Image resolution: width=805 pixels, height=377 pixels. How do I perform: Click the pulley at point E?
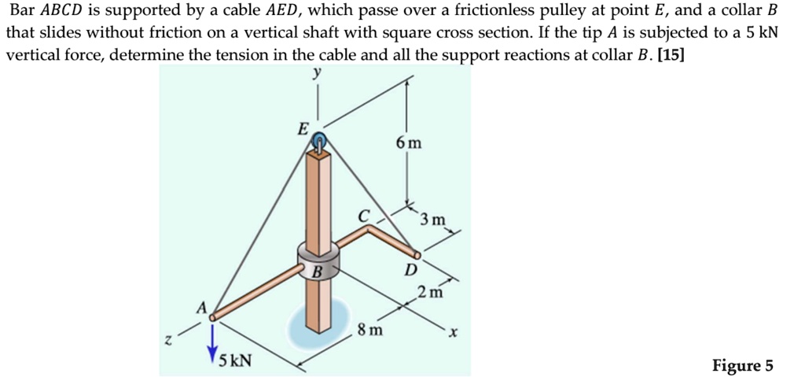click(x=319, y=142)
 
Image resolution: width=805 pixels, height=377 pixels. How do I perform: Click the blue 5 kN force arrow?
click(x=211, y=338)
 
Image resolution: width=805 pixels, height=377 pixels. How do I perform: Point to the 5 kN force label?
click(x=235, y=361)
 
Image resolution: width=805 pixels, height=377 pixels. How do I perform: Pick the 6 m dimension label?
click(x=409, y=143)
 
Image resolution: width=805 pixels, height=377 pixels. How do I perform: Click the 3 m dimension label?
click(x=432, y=219)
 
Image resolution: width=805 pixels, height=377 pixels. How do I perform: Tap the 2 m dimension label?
click(x=430, y=294)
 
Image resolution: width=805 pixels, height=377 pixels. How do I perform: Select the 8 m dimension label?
click(x=370, y=330)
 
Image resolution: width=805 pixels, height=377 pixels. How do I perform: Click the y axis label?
click(x=317, y=72)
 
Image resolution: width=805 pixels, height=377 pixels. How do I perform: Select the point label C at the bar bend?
click(x=362, y=215)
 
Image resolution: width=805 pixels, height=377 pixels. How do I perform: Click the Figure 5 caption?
click(x=742, y=366)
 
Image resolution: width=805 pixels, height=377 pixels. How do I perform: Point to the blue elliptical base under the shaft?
click(x=318, y=323)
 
